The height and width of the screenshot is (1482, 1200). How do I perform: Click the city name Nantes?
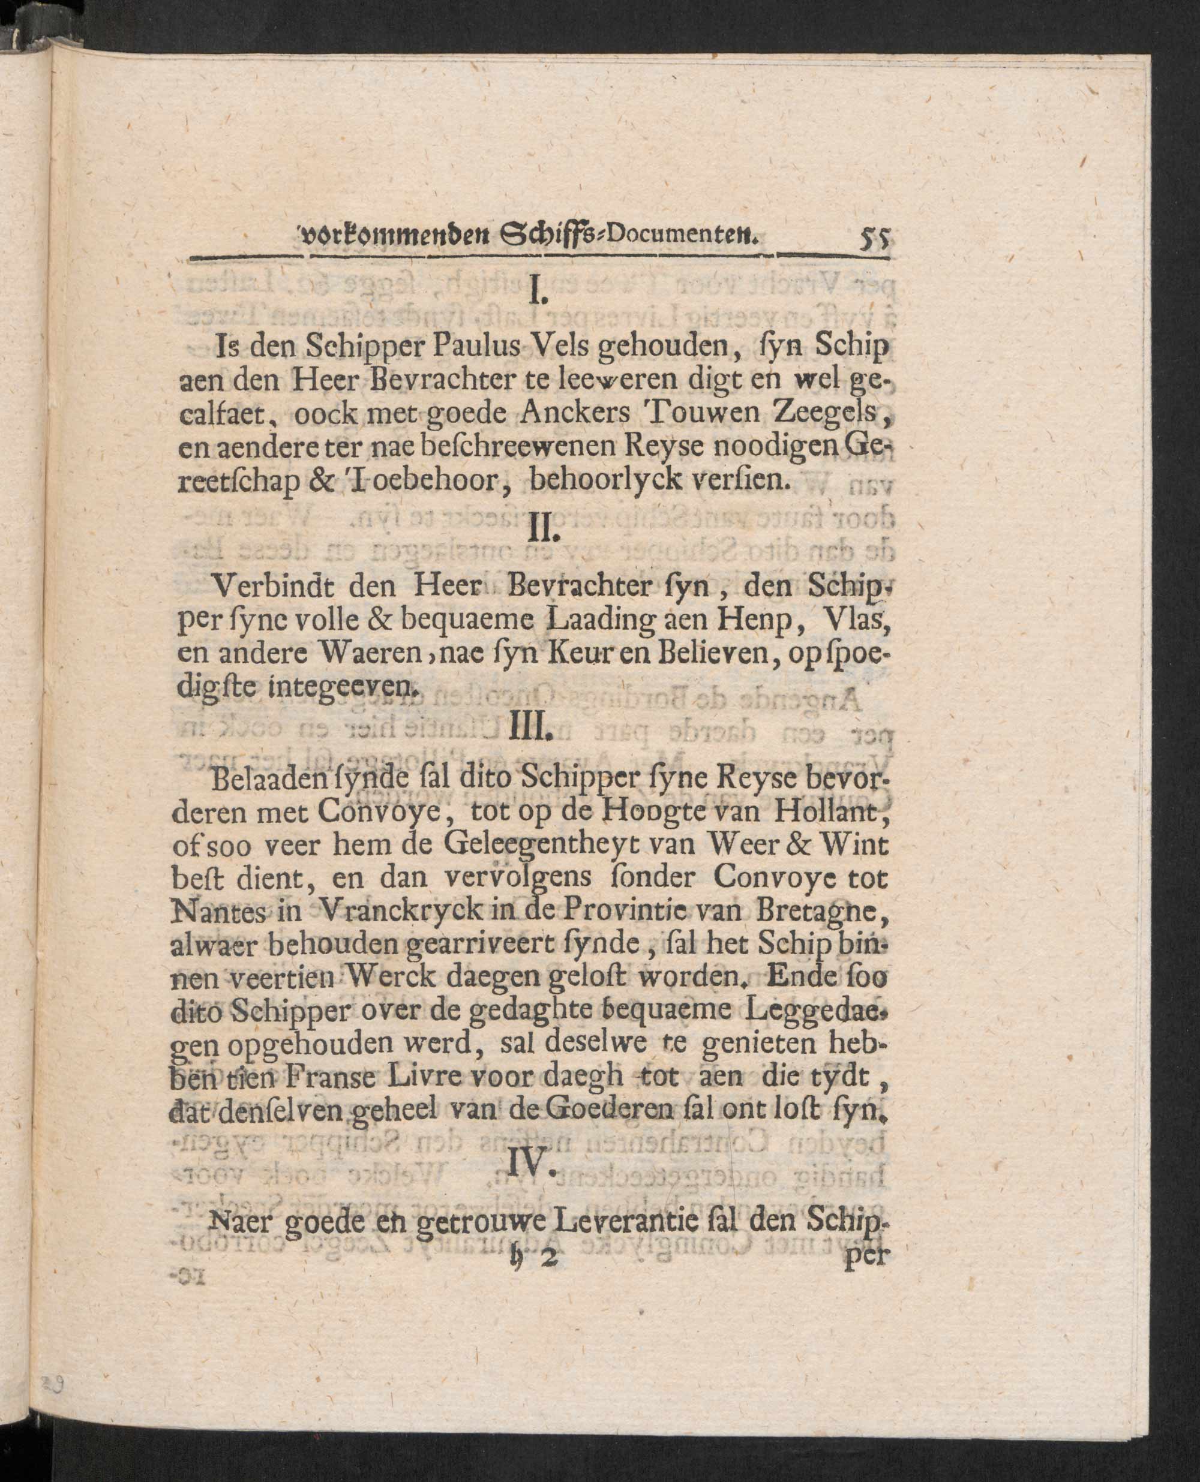tap(214, 910)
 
